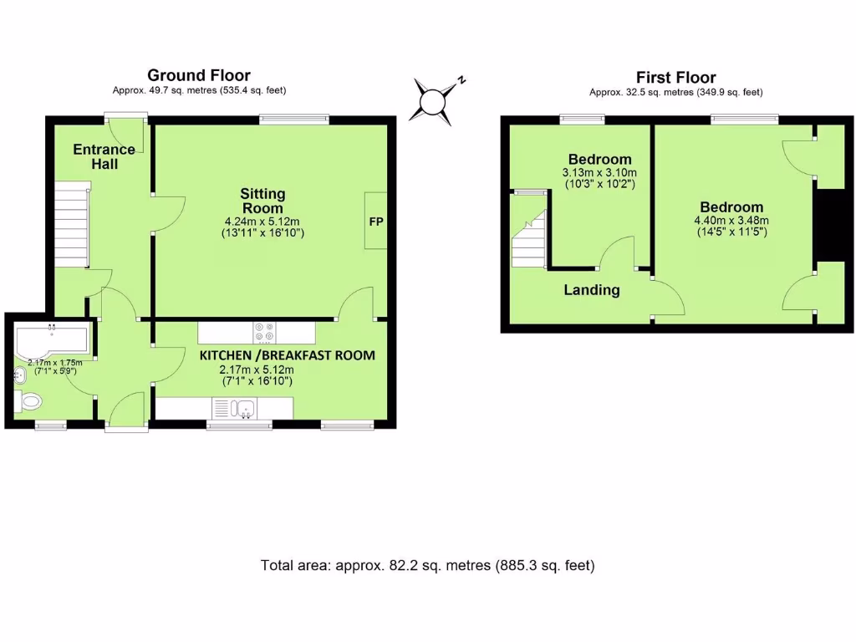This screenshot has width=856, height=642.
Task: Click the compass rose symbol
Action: [434, 101]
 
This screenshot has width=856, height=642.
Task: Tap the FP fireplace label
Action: [375, 222]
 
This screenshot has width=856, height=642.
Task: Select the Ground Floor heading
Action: [199, 76]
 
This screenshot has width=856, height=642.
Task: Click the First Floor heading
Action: [675, 78]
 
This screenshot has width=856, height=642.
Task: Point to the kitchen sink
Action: [245, 408]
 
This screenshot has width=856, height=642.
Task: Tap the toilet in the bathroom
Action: [29, 402]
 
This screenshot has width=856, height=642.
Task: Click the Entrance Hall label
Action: [104, 156]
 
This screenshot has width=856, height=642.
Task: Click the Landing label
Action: [591, 290]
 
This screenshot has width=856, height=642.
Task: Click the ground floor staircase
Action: [72, 227]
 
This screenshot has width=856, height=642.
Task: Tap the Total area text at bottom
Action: [427, 565]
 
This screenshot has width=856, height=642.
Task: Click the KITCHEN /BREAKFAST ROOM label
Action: [287, 355]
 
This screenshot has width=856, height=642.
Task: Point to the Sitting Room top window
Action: [293, 120]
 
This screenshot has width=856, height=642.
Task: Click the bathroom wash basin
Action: [20, 375]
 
